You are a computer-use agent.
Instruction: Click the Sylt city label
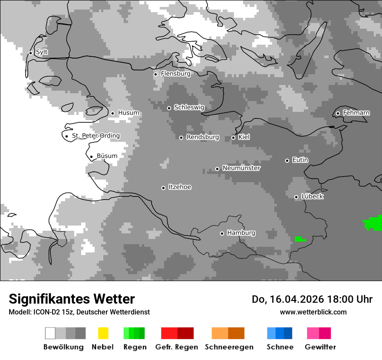click(42, 52)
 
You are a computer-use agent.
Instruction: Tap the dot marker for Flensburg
click(155, 74)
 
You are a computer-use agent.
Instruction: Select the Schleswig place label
click(189, 107)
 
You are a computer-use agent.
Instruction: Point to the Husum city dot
click(112, 113)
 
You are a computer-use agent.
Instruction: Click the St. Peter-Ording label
click(95, 136)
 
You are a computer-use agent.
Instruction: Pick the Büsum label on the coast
click(107, 156)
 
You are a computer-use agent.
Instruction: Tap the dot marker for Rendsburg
click(181, 137)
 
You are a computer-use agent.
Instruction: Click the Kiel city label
click(244, 137)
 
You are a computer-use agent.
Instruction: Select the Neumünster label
click(241, 168)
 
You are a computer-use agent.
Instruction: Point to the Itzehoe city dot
click(163, 188)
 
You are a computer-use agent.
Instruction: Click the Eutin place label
click(300, 160)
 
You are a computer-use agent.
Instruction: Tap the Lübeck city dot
click(296, 197)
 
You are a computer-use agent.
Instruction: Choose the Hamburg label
click(241, 233)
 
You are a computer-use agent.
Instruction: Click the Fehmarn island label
click(356, 113)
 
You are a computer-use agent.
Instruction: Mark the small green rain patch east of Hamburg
click(300, 239)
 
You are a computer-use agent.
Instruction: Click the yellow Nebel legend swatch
click(103, 333)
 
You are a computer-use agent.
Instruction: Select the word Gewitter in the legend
click(320, 347)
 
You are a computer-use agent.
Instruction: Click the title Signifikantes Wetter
click(72, 299)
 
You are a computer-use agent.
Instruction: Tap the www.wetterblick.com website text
click(313, 312)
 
